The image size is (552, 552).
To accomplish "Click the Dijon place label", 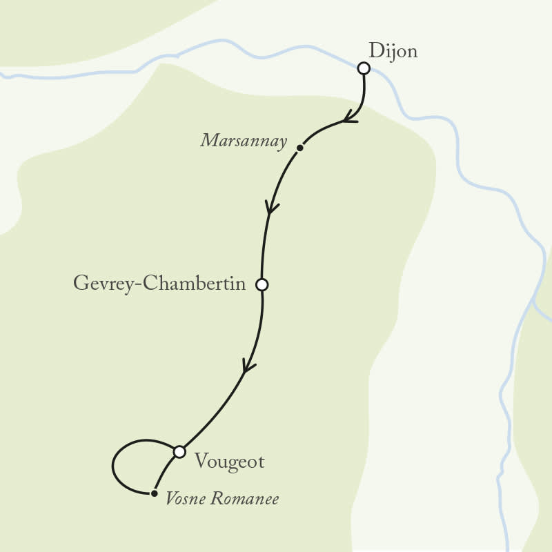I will pyautogui.click(x=393, y=52).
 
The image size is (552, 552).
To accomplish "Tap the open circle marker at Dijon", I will pyautogui.click(x=364, y=68).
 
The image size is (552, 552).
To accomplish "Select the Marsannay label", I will pyautogui.click(x=244, y=141).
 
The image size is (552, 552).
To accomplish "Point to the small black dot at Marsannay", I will pyautogui.click(x=299, y=148).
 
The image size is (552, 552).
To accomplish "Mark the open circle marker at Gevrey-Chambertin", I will pyautogui.click(x=262, y=284).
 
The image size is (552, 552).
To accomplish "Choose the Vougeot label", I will pyautogui.click(x=229, y=462).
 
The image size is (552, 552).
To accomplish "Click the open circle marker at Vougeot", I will pyautogui.click(x=179, y=452).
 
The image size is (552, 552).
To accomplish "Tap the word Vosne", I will pyautogui.click(x=186, y=499).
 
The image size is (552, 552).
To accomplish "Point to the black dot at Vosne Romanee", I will pyautogui.click(x=154, y=493).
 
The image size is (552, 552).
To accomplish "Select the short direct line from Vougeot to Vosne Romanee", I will pyautogui.click(x=164, y=473).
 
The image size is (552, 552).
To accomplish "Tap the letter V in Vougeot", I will pyautogui.click(x=201, y=460).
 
